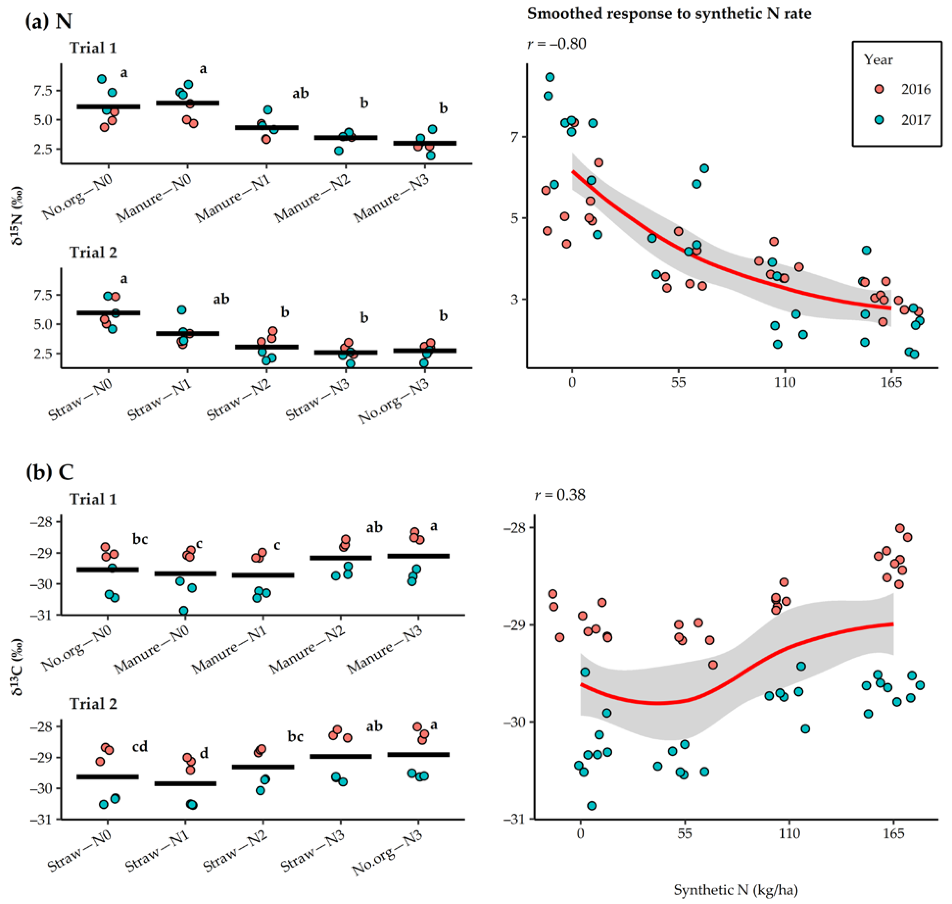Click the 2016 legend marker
tap(879, 89)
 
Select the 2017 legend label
tap(916, 120)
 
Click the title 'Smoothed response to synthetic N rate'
tap(669, 13)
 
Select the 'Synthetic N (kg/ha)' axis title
tap(736, 890)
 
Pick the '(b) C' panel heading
tap(50, 472)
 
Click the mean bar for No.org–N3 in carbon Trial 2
tap(418, 754)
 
